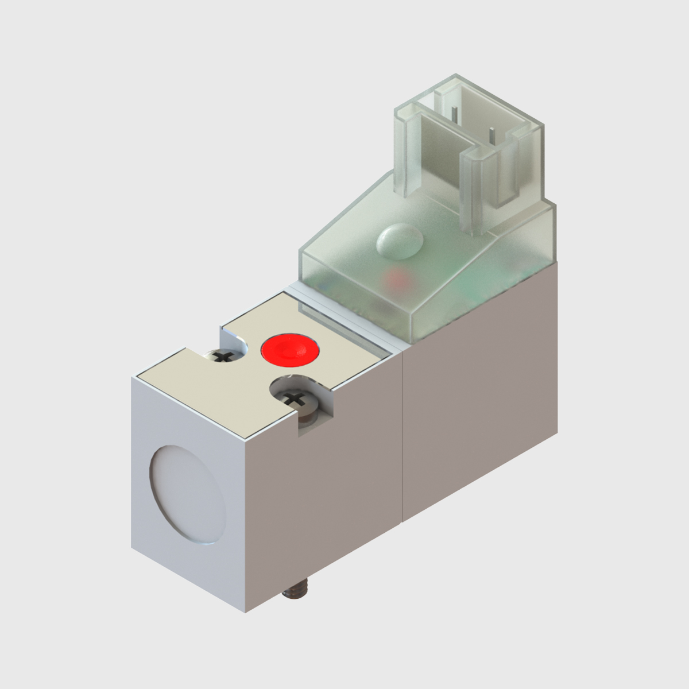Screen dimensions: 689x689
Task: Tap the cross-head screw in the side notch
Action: tap(293, 398)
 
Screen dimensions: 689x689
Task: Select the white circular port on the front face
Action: tap(188, 494)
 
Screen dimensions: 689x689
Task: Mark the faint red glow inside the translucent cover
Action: tap(397, 280)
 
